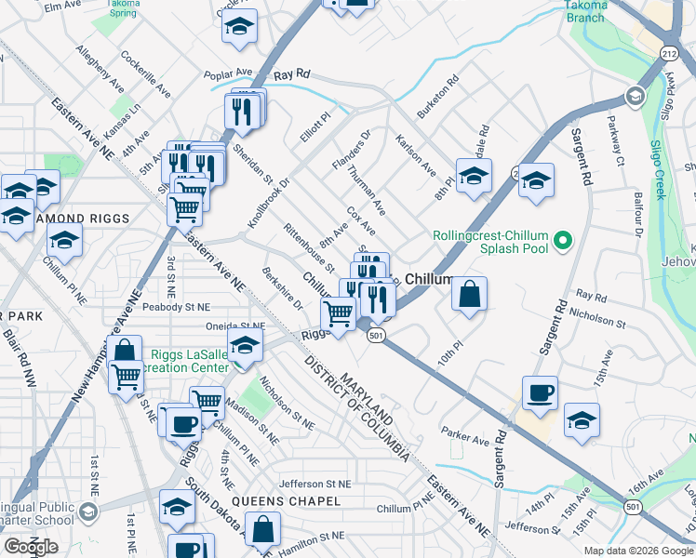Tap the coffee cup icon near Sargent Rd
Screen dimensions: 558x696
540,392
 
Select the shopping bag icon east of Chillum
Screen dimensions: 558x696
471,294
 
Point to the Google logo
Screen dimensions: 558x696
31,547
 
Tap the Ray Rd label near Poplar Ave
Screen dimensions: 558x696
291,73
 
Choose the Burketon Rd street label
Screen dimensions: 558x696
438,95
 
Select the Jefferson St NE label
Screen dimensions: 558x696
315,484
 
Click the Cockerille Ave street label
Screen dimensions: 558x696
146,74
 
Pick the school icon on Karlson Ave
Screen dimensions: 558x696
473,175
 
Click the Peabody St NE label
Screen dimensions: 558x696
178,306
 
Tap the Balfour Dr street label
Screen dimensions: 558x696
638,215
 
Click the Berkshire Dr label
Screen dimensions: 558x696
283,291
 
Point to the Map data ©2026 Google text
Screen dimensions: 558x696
638,550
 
